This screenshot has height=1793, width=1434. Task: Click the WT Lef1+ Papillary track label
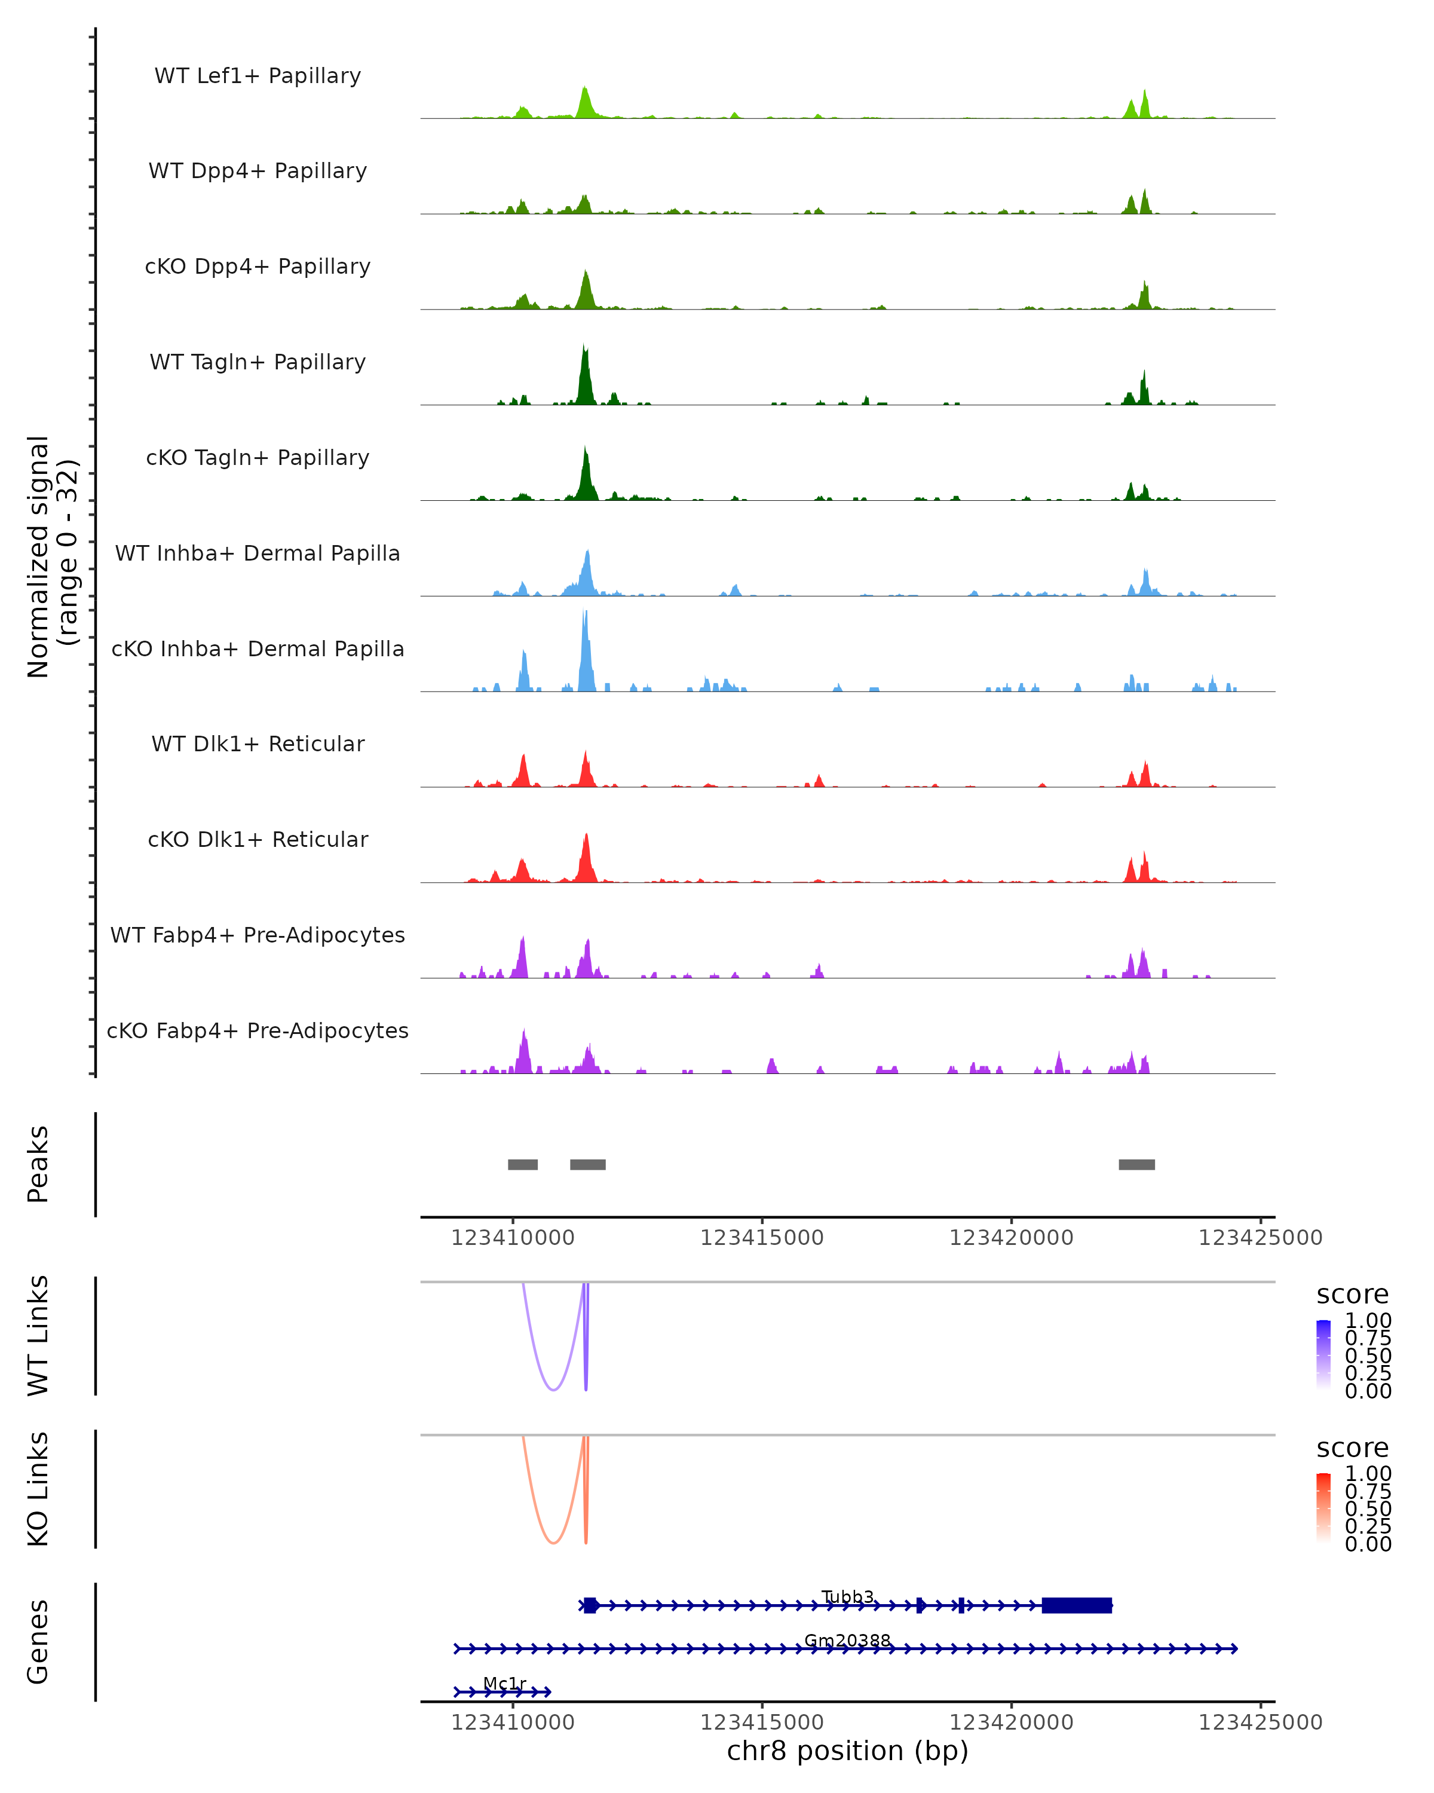click(x=258, y=76)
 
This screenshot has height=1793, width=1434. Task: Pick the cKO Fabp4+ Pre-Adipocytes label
click(x=258, y=1030)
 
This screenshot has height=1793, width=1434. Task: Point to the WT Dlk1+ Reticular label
click(x=258, y=744)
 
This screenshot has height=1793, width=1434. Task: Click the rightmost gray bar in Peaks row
click(x=1136, y=1164)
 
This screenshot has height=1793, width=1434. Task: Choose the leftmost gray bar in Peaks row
click(x=523, y=1164)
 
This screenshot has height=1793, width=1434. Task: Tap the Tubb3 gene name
click(x=847, y=1597)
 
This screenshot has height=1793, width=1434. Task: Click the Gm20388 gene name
click(x=847, y=1641)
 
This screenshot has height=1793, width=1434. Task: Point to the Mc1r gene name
click(x=505, y=1683)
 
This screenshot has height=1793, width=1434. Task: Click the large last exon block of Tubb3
click(x=1077, y=1605)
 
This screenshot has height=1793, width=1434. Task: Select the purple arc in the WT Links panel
click(x=554, y=1389)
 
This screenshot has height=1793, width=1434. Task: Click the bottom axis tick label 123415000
click(x=761, y=1722)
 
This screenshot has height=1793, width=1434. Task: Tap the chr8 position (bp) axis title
click(x=847, y=1751)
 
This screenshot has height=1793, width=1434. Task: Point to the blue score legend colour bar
click(x=1323, y=1355)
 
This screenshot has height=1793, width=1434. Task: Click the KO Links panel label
click(x=38, y=1489)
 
